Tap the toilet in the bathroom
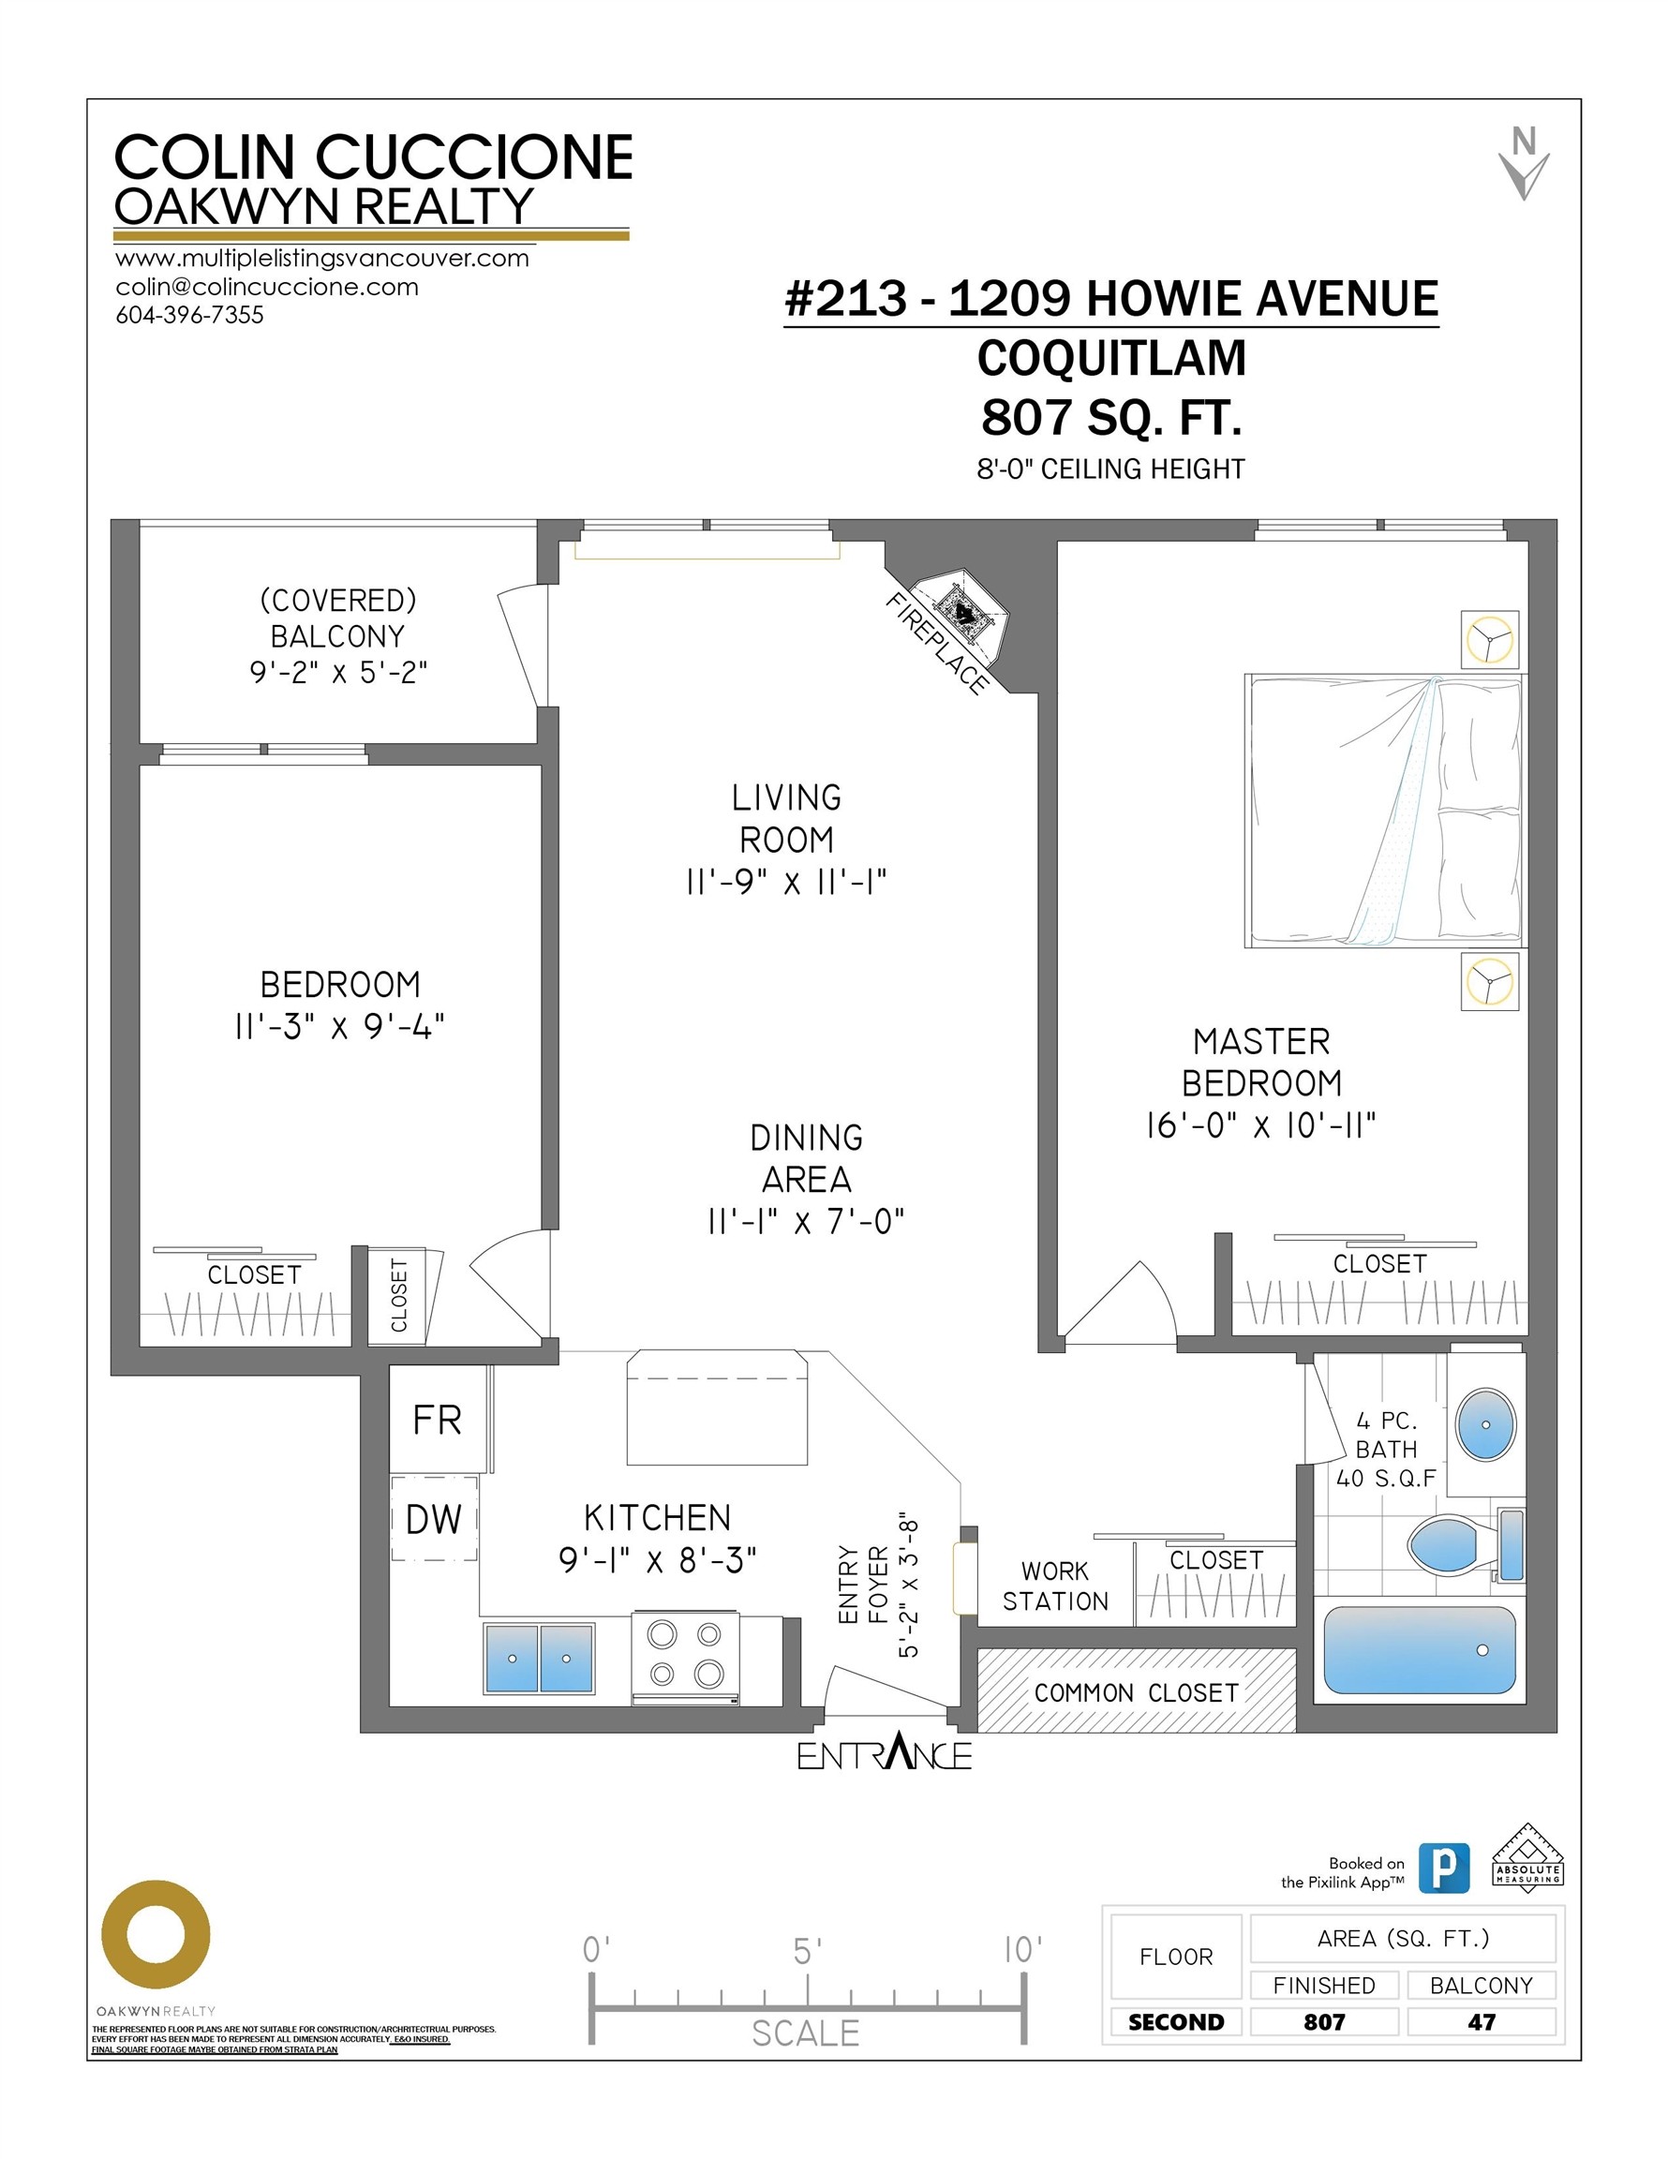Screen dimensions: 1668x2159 pos(1465,1545)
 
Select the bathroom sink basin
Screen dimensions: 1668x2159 pos(1485,1424)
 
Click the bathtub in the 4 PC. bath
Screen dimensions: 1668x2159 pos(1419,1649)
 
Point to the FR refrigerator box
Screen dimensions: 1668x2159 pos(438,1420)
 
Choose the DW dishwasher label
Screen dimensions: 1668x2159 pos(434,1519)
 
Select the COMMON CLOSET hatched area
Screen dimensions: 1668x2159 pos(1136,1691)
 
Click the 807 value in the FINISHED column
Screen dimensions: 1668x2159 pos(1324,2021)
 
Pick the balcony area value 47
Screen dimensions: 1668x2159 pos(1482,2021)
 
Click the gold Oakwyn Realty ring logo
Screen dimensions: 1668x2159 pos(156,1935)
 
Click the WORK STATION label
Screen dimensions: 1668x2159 pos(1055,1586)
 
